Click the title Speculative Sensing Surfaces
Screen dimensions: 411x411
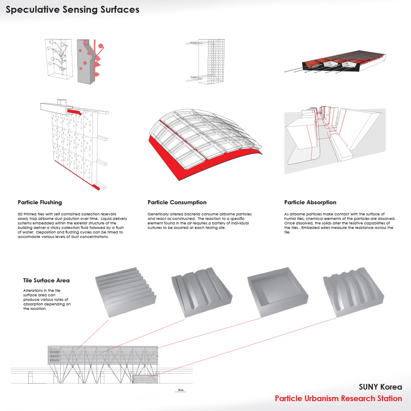tap(72, 10)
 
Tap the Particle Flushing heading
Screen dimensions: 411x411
tap(40, 203)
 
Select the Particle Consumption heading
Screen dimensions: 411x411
tap(177, 203)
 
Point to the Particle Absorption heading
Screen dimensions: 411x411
tap(310, 203)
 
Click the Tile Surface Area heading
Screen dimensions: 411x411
tap(46, 281)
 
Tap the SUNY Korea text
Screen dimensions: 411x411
tap(380, 387)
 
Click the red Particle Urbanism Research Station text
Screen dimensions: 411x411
tap(338, 398)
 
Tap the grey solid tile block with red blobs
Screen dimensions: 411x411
tap(87, 62)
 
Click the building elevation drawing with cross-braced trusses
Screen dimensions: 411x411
tap(103, 358)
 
